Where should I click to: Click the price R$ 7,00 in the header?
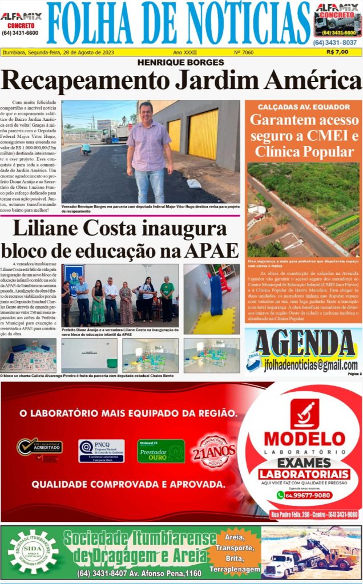click(337, 52)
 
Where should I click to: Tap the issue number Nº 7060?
click(244, 52)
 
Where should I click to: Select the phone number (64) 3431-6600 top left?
click(20, 33)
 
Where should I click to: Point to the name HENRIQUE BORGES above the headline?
click(181, 62)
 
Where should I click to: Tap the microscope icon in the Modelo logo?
click(304, 413)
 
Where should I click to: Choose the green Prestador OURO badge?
click(160, 451)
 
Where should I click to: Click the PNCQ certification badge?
click(101, 451)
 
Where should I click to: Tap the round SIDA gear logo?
click(33, 551)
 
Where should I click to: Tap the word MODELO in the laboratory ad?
click(304, 439)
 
